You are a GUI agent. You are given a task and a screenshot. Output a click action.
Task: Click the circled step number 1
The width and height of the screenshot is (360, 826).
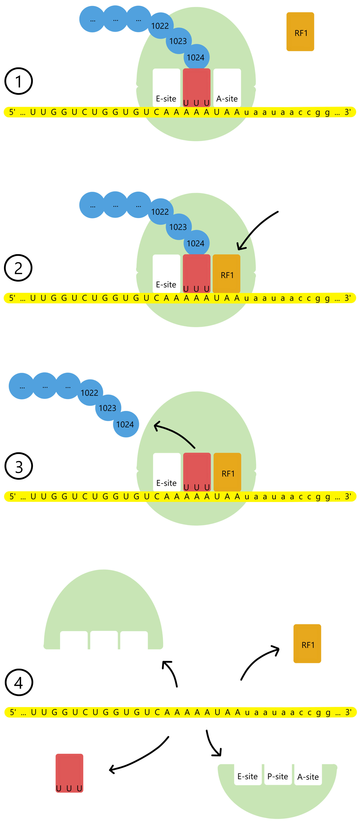(x=19, y=81)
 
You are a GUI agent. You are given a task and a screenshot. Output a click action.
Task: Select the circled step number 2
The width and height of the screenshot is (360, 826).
(x=18, y=268)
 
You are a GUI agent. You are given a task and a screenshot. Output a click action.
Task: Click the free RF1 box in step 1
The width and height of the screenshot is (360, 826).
(x=300, y=32)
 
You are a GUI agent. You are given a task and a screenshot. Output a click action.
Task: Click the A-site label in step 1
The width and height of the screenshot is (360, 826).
(x=227, y=99)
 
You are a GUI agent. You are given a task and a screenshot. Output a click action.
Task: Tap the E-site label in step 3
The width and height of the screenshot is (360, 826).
(x=166, y=483)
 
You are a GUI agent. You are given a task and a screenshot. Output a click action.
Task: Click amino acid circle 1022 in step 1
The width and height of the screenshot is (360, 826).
(x=160, y=26)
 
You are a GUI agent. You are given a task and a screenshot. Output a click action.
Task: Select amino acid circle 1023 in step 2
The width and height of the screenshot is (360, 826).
(x=178, y=227)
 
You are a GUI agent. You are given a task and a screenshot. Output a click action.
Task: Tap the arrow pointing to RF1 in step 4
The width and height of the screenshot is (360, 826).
(x=258, y=661)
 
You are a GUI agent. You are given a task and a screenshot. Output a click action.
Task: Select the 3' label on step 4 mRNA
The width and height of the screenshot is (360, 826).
(x=348, y=712)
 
